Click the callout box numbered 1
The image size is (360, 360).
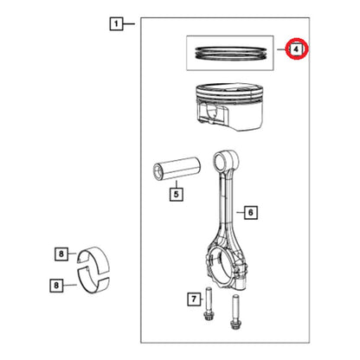(x=116, y=23)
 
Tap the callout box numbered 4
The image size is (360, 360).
(x=296, y=49)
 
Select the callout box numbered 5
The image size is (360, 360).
(x=177, y=194)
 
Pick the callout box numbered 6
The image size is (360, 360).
(x=250, y=213)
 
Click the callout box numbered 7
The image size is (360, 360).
(x=194, y=299)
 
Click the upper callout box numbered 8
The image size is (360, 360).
(x=61, y=254)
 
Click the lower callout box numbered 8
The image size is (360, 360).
(x=56, y=286)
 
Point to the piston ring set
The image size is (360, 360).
(x=230, y=53)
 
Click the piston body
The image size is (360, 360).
(x=230, y=106)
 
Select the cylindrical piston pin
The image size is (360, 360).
(x=177, y=169)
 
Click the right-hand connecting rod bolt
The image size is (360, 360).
(x=235, y=312)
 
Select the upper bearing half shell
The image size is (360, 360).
(x=93, y=259)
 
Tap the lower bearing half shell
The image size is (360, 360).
(x=93, y=280)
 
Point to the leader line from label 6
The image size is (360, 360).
(x=241, y=213)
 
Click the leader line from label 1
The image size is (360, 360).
(x=129, y=23)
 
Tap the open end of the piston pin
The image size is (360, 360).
(x=158, y=172)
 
